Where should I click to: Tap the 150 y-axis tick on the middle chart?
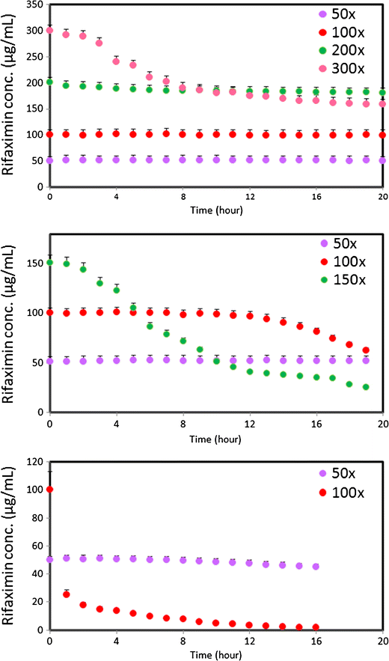[32, 263]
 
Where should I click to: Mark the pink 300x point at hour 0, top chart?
[50, 31]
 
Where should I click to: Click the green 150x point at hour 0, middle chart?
[50, 263]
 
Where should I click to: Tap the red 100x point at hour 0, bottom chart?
[50, 490]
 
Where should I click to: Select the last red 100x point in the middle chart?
[366, 350]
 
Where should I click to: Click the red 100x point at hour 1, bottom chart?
[67, 594]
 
